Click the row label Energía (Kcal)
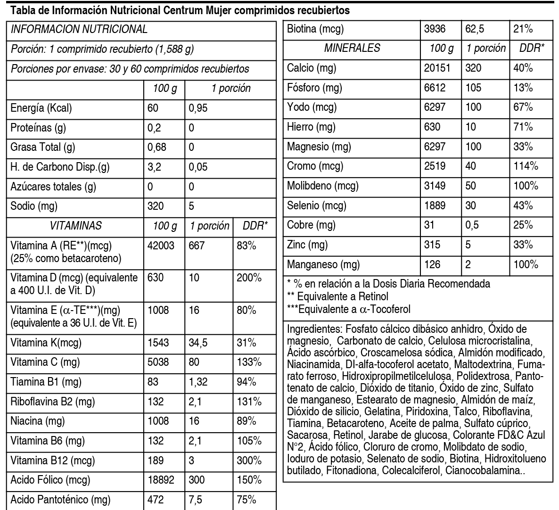[x=41, y=108]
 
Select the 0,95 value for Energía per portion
[x=198, y=108]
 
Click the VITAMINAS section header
[x=75, y=226]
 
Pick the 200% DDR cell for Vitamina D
[x=249, y=278]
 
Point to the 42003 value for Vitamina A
[x=161, y=246]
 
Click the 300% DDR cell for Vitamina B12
[x=249, y=461]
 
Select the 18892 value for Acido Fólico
[x=161, y=480]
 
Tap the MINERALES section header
[x=352, y=48]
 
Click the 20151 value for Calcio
[x=437, y=68]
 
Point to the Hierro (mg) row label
[x=311, y=127]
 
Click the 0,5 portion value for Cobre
[x=472, y=225]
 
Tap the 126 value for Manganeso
[x=432, y=264]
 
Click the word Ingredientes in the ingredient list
[x=314, y=329]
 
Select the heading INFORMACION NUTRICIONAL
[x=79, y=29]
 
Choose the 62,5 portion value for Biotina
[x=475, y=29]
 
